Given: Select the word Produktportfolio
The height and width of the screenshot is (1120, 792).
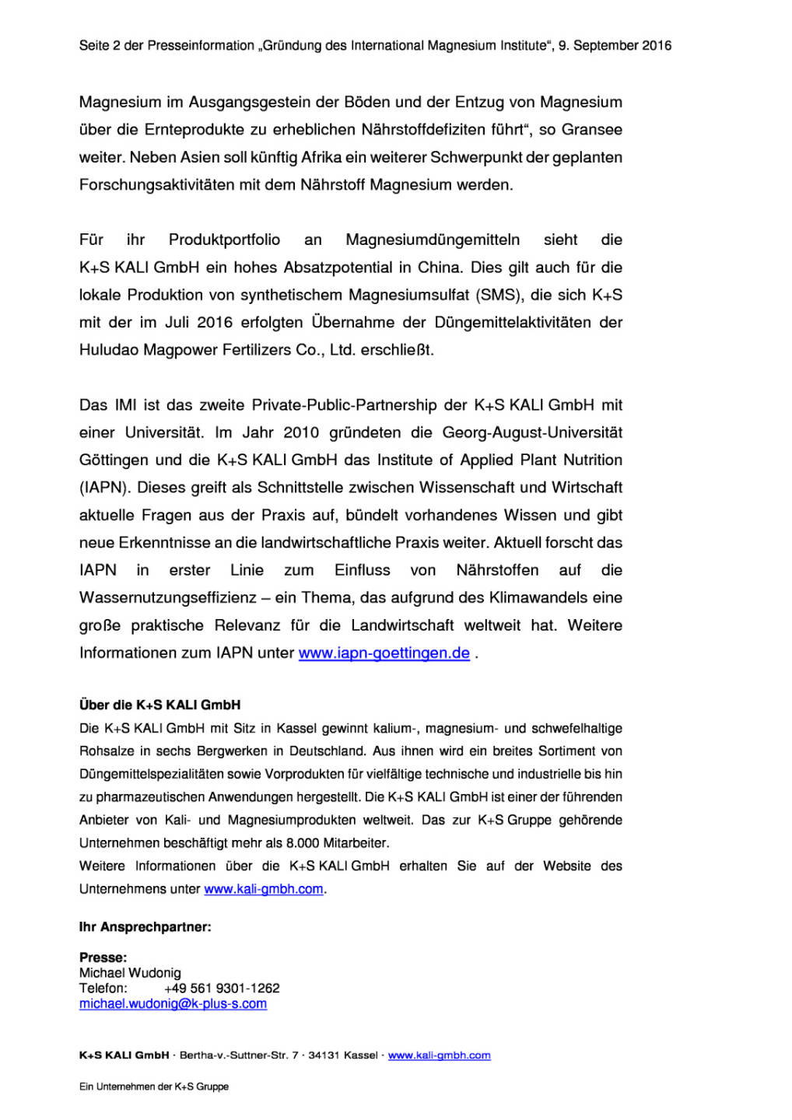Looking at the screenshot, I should coord(224,240).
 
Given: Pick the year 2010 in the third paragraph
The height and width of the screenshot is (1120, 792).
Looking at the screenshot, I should coord(300,432).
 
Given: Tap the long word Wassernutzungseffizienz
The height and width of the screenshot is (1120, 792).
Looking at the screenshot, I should coord(167,597).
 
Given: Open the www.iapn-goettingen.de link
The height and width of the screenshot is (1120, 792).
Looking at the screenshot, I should coord(384,653).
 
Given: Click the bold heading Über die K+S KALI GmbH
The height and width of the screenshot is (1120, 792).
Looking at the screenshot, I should coord(159,705).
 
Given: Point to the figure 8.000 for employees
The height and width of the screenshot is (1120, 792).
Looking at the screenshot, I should coord(303,843).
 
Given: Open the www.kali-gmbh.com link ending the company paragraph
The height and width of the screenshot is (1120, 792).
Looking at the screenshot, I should coord(263,889).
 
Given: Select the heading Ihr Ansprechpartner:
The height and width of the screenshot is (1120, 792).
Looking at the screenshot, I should coord(145,927).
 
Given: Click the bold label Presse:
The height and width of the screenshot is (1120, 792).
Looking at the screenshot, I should coord(103,957).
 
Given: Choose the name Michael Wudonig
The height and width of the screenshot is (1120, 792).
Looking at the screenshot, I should coord(130,973).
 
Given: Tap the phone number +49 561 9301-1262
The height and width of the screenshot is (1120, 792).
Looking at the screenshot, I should coord(222,989).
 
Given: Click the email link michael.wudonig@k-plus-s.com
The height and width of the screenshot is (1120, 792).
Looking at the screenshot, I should coord(173,1004).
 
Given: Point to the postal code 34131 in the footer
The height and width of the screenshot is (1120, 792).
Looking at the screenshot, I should coord(324,1055).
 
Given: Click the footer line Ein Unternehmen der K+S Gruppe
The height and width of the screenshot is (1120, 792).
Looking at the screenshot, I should coord(153,1087).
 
